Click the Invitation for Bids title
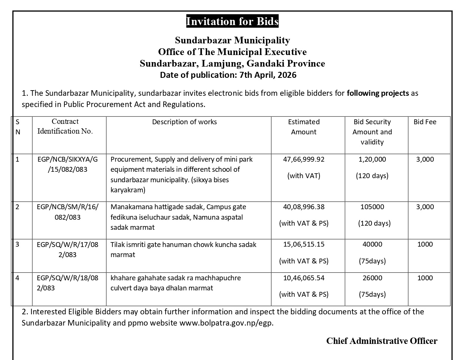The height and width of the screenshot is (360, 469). (x=232, y=21)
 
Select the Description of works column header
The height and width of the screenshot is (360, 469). (x=184, y=122)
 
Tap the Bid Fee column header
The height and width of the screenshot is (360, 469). (x=425, y=122)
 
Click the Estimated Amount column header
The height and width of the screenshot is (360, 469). (x=304, y=127)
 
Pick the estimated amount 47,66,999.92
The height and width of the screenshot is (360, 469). (x=304, y=159)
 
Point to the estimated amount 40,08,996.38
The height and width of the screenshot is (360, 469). (x=304, y=207)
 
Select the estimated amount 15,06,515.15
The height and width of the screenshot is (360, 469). (x=304, y=244)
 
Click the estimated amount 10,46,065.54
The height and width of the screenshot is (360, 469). (x=304, y=278)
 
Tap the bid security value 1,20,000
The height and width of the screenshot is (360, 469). (x=372, y=159)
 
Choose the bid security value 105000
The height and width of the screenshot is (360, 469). (x=372, y=207)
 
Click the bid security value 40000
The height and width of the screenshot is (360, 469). (x=372, y=244)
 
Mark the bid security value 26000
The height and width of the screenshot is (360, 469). (x=372, y=278)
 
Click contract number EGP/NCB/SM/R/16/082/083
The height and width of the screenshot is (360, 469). (x=67, y=212)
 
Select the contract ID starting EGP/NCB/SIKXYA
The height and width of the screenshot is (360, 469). (x=67, y=164)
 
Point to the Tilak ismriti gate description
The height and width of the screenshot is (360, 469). (x=184, y=249)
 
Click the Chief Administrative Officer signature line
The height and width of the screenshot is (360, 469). (x=381, y=341)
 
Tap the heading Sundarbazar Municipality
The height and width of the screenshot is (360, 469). (x=232, y=40)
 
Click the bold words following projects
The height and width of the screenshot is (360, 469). (x=378, y=93)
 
